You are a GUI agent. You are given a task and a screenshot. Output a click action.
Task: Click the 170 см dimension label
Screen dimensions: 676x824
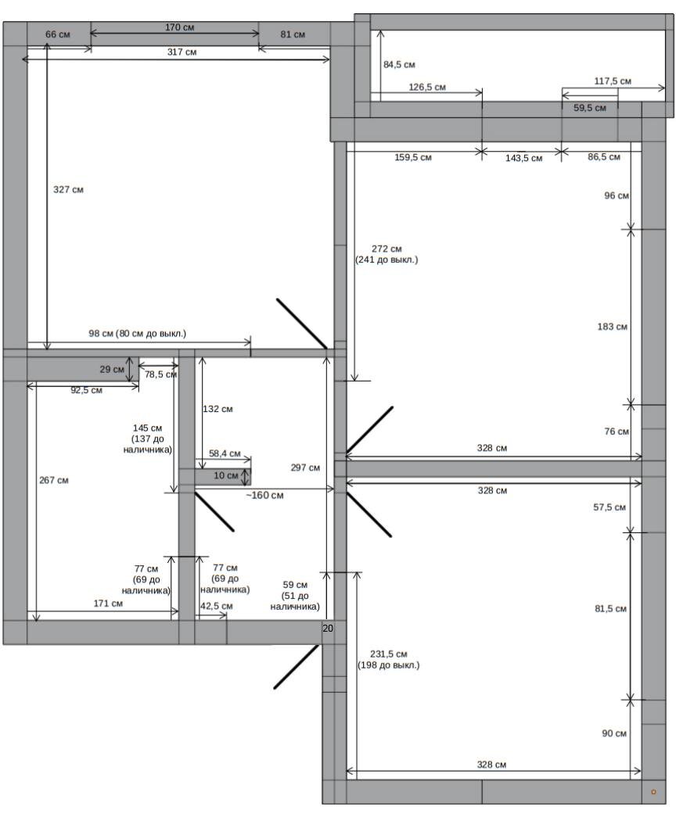pyautogui.click(x=179, y=27)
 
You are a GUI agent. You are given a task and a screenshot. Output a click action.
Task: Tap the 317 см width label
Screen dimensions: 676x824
pyautogui.click(x=182, y=52)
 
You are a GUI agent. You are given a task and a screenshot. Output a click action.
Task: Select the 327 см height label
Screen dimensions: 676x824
pyautogui.click(x=68, y=190)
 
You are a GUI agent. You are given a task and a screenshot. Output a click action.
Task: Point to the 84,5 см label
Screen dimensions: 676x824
pyautogui.click(x=399, y=65)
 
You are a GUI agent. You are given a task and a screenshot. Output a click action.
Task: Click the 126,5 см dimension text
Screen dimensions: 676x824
pyautogui.click(x=427, y=88)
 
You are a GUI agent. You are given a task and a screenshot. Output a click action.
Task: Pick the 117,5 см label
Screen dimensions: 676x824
pyautogui.click(x=613, y=81)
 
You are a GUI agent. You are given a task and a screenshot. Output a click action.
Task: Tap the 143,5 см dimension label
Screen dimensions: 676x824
pyautogui.click(x=524, y=158)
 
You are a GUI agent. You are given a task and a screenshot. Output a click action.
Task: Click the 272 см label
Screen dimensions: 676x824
pyautogui.click(x=387, y=249)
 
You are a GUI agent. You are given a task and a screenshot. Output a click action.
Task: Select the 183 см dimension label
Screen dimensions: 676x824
pyautogui.click(x=613, y=327)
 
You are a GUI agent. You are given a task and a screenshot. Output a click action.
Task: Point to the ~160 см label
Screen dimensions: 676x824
pyautogui.click(x=264, y=496)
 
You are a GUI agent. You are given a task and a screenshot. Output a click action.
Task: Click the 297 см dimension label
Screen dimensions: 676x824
pyautogui.click(x=305, y=468)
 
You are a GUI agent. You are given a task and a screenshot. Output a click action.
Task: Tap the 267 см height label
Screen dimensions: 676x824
pyautogui.click(x=54, y=480)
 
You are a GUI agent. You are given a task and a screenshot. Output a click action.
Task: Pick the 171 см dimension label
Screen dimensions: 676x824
pyautogui.click(x=109, y=604)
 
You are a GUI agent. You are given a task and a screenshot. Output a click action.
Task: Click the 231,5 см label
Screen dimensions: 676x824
pyautogui.click(x=389, y=654)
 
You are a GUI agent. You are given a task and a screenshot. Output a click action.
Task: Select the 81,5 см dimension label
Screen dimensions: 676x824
pyautogui.click(x=611, y=609)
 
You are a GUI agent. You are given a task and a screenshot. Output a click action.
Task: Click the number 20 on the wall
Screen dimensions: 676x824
pyautogui.click(x=328, y=629)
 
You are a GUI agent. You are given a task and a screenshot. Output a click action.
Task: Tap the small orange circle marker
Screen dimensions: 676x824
pyautogui.click(x=654, y=792)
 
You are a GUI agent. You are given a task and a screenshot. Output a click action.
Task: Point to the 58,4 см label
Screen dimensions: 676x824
pyautogui.click(x=225, y=453)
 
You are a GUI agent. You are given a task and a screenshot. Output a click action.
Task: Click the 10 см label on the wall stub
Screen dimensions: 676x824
pyautogui.click(x=225, y=475)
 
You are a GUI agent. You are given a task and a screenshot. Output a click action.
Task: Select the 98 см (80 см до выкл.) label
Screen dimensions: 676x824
pyautogui.click(x=137, y=334)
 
